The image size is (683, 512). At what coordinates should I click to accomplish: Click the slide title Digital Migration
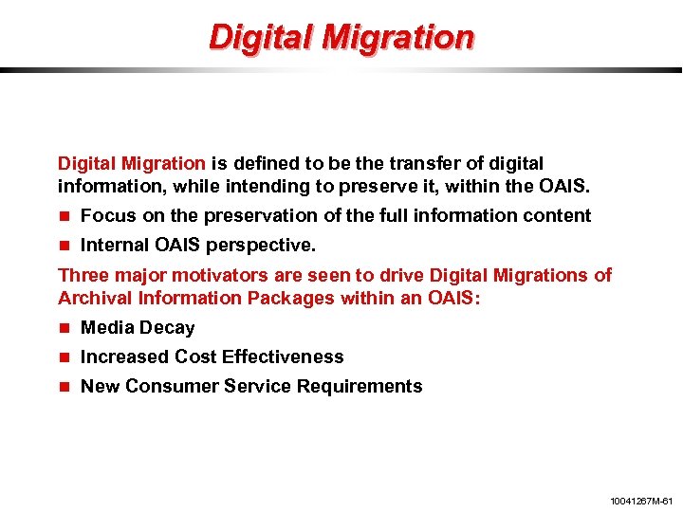(x=341, y=37)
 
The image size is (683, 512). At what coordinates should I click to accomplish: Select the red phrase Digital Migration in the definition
(x=131, y=163)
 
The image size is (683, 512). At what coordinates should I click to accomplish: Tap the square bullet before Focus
(x=65, y=216)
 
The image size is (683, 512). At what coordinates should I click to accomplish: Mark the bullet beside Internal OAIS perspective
(x=65, y=246)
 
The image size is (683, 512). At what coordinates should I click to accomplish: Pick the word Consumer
(x=168, y=386)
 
